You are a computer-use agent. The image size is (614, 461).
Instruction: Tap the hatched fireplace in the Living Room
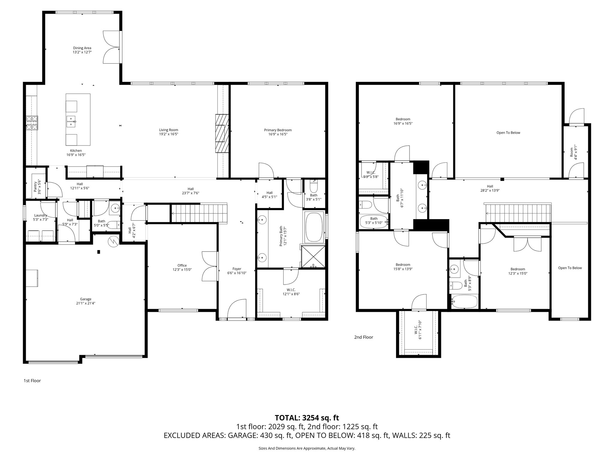222,133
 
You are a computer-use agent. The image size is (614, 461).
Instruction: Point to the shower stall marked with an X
313,256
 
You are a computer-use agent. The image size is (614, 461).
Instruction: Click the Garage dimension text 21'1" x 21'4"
85,303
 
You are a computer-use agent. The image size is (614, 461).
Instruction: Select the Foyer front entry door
237,309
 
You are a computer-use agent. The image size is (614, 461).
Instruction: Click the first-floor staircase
199,213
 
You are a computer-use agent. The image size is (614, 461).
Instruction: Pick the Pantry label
37,187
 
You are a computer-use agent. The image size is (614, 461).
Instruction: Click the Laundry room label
40,215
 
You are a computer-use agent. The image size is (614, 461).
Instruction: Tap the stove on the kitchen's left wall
32,123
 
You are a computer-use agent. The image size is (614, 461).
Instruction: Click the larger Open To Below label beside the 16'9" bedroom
508,133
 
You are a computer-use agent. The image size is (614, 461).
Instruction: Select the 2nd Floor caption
363,337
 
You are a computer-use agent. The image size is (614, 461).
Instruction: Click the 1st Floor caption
32,381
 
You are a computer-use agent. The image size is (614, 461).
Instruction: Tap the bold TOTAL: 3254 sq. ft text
307,417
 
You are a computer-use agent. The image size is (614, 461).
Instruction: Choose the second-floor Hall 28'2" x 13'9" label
490,188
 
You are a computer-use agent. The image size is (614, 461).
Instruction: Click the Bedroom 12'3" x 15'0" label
518,271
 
